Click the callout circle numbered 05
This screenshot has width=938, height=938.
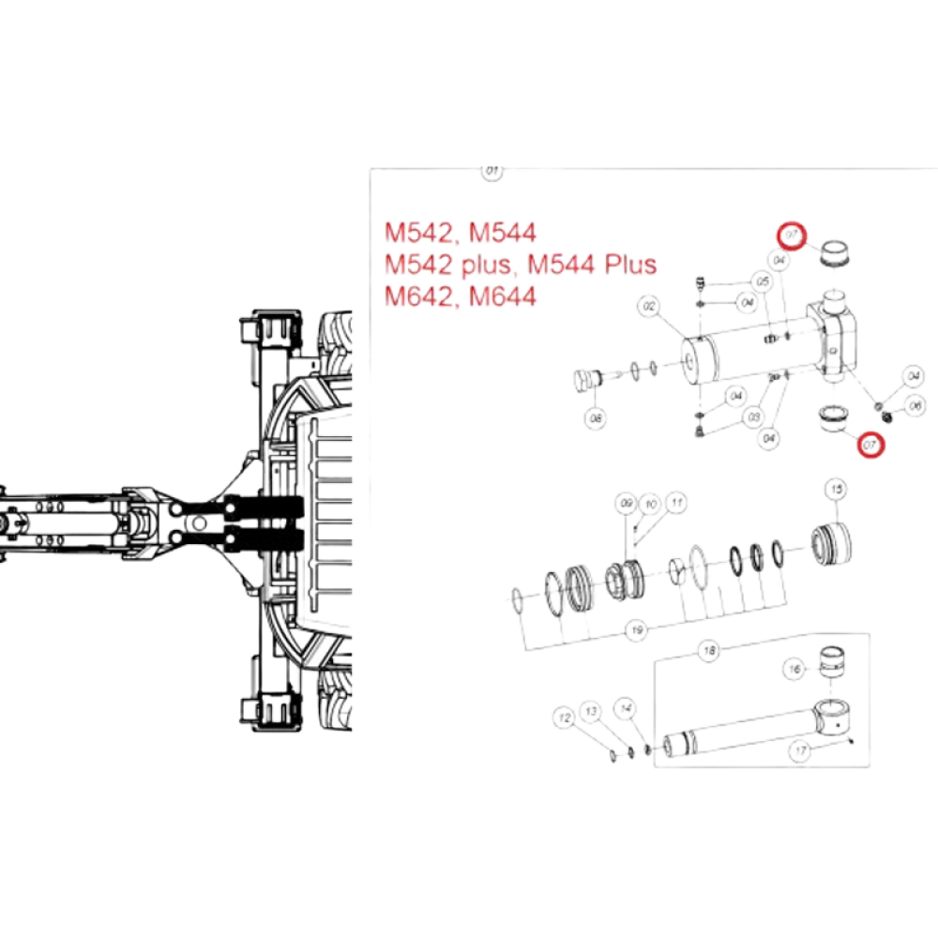762,281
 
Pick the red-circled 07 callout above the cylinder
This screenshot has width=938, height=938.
792,234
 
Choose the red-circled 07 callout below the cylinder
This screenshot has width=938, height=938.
871,444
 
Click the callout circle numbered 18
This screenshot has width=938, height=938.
710,650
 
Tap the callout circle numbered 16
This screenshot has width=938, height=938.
794,670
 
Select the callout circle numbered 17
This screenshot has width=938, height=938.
800,750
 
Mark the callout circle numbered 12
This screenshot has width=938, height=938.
564,718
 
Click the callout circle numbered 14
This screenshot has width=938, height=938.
626,704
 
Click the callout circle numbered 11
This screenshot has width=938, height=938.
673,504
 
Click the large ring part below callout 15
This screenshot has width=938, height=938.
830,544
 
